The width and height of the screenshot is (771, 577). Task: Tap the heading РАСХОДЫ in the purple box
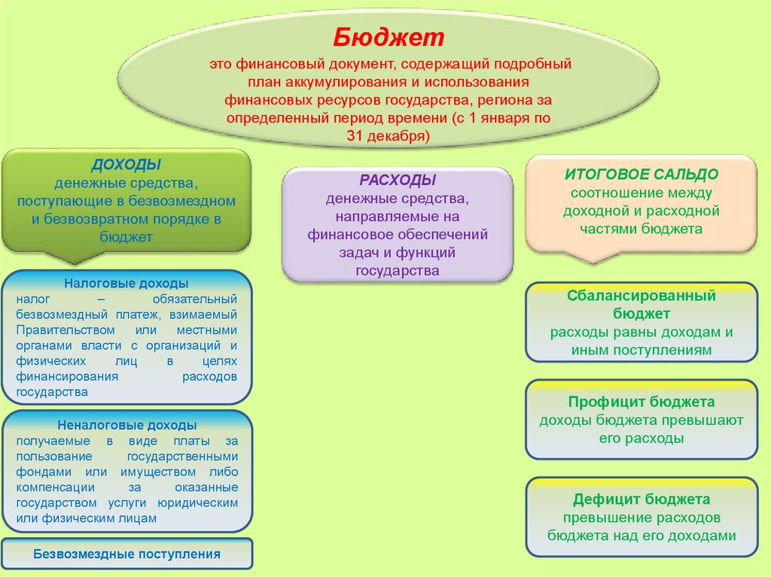pyautogui.click(x=398, y=181)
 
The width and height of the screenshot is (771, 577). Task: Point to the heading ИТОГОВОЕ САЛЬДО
pyautogui.click(x=641, y=174)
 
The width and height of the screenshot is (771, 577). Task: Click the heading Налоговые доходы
pyautogui.click(x=126, y=284)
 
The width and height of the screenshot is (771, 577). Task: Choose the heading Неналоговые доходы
pyautogui.click(x=126, y=425)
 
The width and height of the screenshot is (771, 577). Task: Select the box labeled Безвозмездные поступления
pyautogui.click(x=126, y=554)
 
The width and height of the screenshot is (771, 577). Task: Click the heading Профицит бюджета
pyautogui.click(x=641, y=402)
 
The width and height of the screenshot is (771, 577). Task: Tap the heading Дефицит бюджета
pyautogui.click(x=641, y=499)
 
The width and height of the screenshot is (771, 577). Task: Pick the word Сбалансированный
pyautogui.click(x=641, y=296)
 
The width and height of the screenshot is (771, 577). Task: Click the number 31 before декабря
pyautogui.click(x=355, y=136)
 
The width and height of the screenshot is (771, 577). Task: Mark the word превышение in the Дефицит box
pyautogui.click(x=599, y=518)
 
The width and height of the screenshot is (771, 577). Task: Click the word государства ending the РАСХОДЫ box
pyautogui.click(x=398, y=270)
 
